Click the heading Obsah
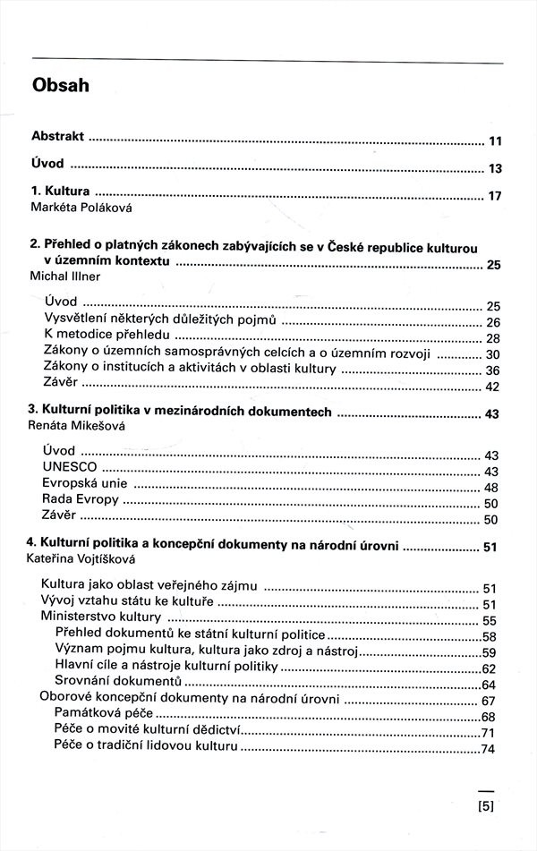[x=61, y=86]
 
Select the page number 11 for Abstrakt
[x=495, y=141]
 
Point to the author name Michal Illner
[x=65, y=277]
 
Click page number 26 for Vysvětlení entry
[x=491, y=322]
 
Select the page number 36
[x=491, y=370]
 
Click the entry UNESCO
[x=69, y=467]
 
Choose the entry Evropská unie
[x=86, y=483]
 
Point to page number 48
[x=490, y=488]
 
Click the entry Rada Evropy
[x=81, y=499]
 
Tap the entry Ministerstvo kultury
[x=101, y=617]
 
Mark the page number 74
[x=488, y=749]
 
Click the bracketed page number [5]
[x=487, y=805]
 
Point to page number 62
[x=488, y=668]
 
